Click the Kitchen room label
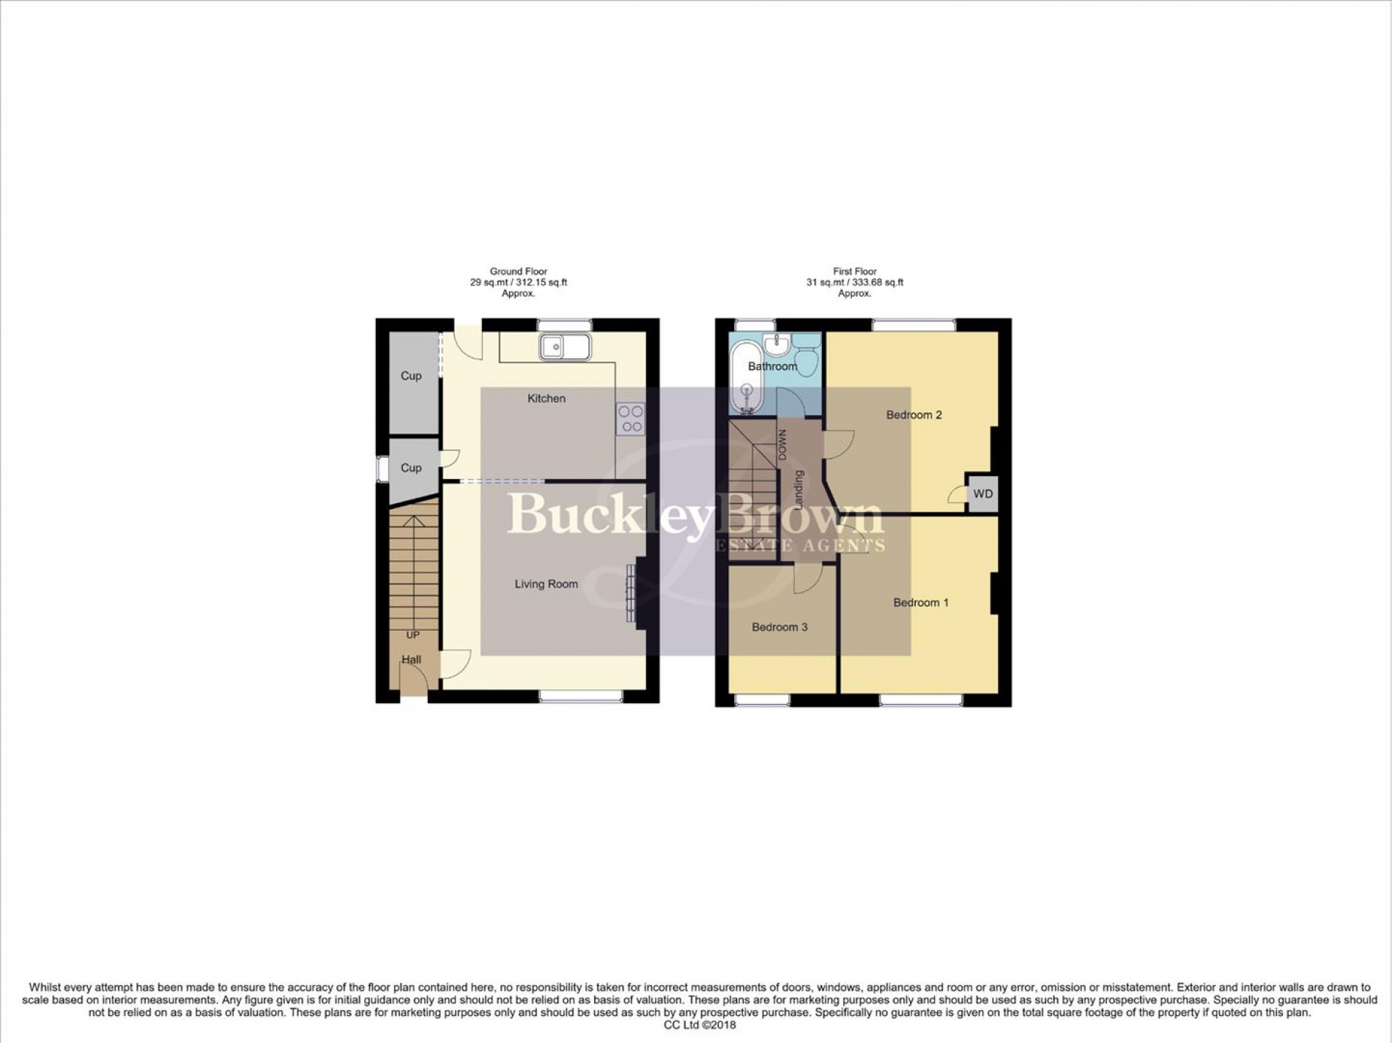(547, 398)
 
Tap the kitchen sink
(565, 346)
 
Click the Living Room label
(546, 584)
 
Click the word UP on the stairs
(412, 635)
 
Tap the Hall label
(412, 659)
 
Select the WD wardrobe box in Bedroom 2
(982, 494)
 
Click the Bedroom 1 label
(921, 603)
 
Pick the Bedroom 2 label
(914, 415)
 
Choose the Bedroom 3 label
(780, 627)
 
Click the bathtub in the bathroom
(746, 379)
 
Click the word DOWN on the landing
(782, 444)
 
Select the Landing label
(799, 490)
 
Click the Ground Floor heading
(518, 272)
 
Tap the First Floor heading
(854, 272)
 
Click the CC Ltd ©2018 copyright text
(699, 1025)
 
